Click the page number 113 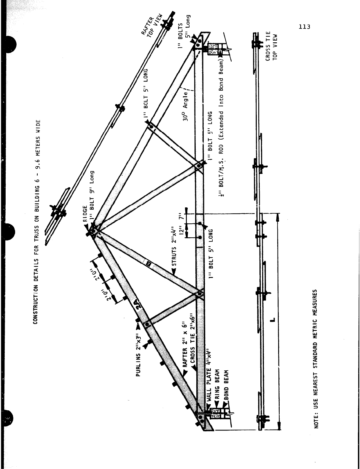[x=304, y=27]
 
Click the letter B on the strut [x=149, y=262]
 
